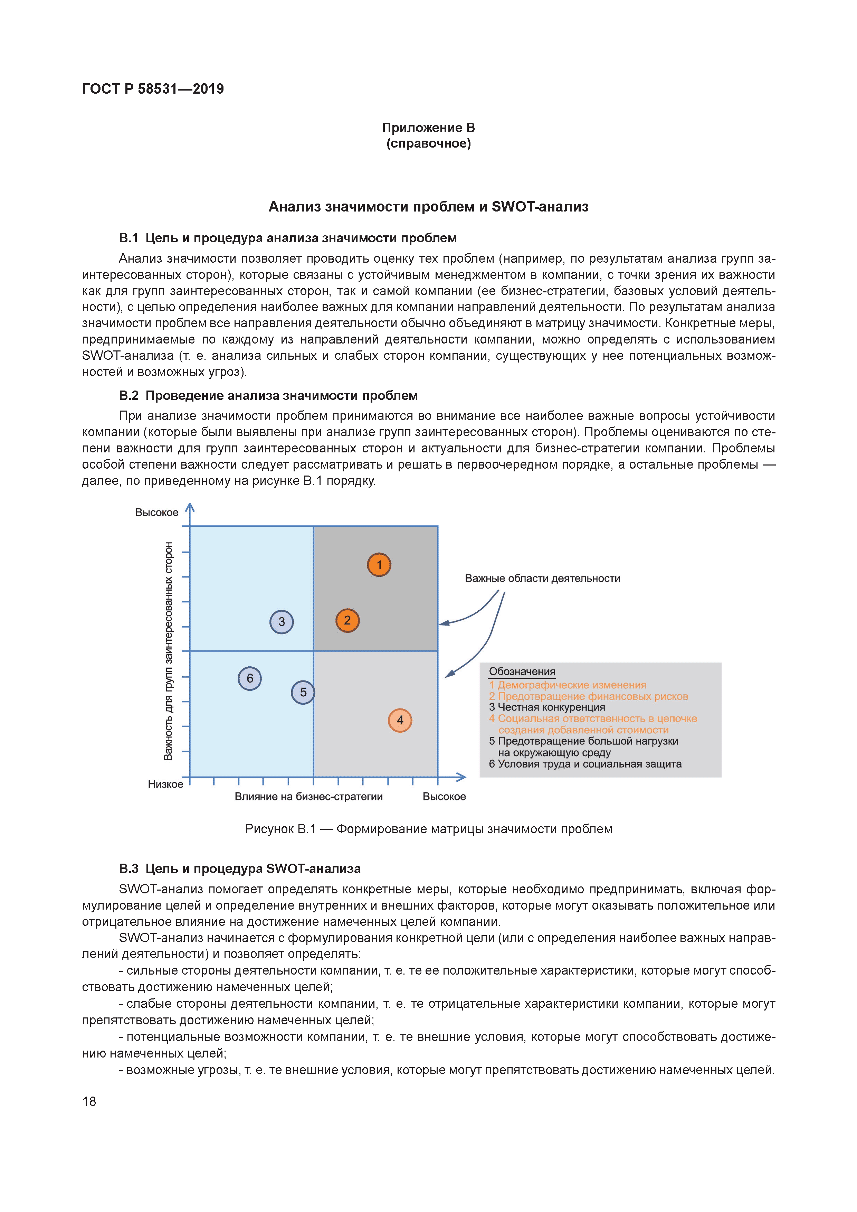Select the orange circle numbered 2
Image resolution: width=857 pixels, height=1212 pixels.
click(x=347, y=620)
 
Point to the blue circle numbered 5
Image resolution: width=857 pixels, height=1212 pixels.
click(x=303, y=692)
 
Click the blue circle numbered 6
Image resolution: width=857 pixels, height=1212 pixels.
click(x=250, y=678)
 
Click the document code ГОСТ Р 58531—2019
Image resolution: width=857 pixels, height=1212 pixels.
click(x=153, y=89)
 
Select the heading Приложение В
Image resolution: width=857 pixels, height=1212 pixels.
click(x=428, y=128)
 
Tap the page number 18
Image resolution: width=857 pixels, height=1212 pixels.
click(x=89, y=1101)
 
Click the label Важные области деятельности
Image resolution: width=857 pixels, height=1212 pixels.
click(x=542, y=579)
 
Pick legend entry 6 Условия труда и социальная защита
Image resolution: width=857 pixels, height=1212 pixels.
click(x=585, y=764)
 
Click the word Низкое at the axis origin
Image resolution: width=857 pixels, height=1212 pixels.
click(x=165, y=784)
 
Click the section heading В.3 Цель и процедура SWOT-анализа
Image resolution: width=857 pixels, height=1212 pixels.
click(x=240, y=869)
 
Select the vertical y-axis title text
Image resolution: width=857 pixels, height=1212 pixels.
click(x=168, y=650)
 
